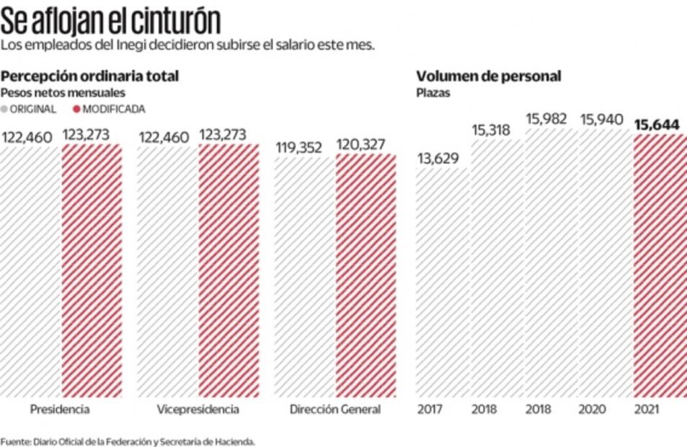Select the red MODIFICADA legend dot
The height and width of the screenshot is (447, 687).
[x=76, y=109]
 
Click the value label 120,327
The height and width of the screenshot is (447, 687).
[x=365, y=146]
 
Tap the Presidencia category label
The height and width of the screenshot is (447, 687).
[x=60, y=410]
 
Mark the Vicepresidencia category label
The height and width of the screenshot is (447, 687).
[x=197, y=410]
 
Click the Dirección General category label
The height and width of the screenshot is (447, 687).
[x=334, y=410]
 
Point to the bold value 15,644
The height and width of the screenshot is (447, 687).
[x=657, y=125]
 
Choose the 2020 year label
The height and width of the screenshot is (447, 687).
[x=591, y=410]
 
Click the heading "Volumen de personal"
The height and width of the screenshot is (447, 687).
[x=489, y=76]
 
